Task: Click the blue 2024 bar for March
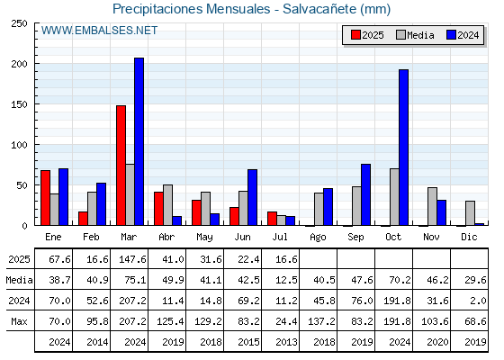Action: [x=139, y=141]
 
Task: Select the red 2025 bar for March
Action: [x=121, y=166]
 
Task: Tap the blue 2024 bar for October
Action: [x=404, y=148]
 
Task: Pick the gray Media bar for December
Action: [x=470, y=213]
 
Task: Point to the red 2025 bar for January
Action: [x=46, y=198]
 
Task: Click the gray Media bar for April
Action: [x=167, y=205]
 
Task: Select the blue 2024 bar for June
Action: [x=252, y=197]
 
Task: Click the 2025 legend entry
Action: [x=367, y=35]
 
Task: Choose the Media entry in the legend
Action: [x=415, y=35]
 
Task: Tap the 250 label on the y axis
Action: [x=19, y=23]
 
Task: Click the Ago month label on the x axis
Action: [x=318, y=238]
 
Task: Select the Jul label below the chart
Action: [x=280, y=237]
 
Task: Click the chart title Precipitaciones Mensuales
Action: [x=192, y=9]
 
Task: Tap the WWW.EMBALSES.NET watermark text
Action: [x=99, y=31]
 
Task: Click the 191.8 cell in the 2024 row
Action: [x=397, y=301]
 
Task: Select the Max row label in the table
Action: [x=19, y=321]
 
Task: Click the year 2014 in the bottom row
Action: [x=97, y=342]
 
